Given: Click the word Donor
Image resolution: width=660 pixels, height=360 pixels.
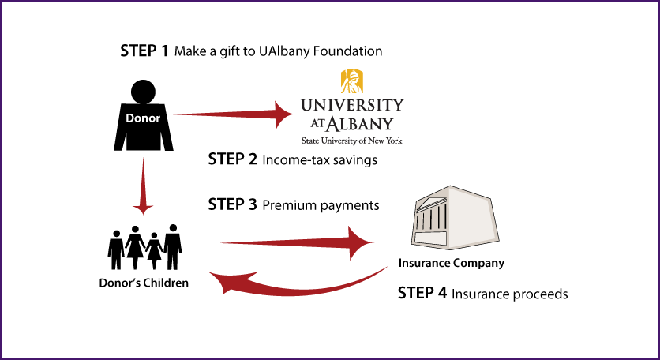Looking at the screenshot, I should point(143,118).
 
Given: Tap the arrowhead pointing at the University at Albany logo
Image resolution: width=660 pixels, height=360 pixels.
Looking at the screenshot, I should point(284,114).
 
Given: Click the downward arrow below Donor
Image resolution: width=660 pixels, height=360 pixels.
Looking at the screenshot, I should point(143,182).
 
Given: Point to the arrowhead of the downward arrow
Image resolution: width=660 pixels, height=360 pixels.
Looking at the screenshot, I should point(143,209).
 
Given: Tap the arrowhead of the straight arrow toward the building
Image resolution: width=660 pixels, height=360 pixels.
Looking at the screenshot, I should point(362,242).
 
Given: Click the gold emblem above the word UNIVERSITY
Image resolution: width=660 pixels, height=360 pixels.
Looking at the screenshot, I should point(352,81).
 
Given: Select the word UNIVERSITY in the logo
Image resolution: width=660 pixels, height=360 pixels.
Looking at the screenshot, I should point(351,105).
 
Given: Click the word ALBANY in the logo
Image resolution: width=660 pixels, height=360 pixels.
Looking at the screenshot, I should point(360,124).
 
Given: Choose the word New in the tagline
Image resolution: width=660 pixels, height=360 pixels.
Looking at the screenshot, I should point(374,141).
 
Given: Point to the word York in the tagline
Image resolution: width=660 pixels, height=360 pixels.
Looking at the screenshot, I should point(394,141).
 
